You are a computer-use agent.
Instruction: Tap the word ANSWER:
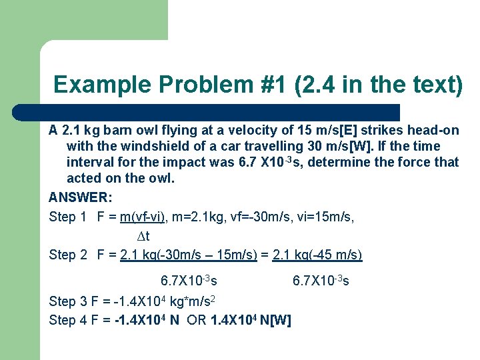click(x=81, y=198)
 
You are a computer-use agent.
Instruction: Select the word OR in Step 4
click(x=197, y=320)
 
